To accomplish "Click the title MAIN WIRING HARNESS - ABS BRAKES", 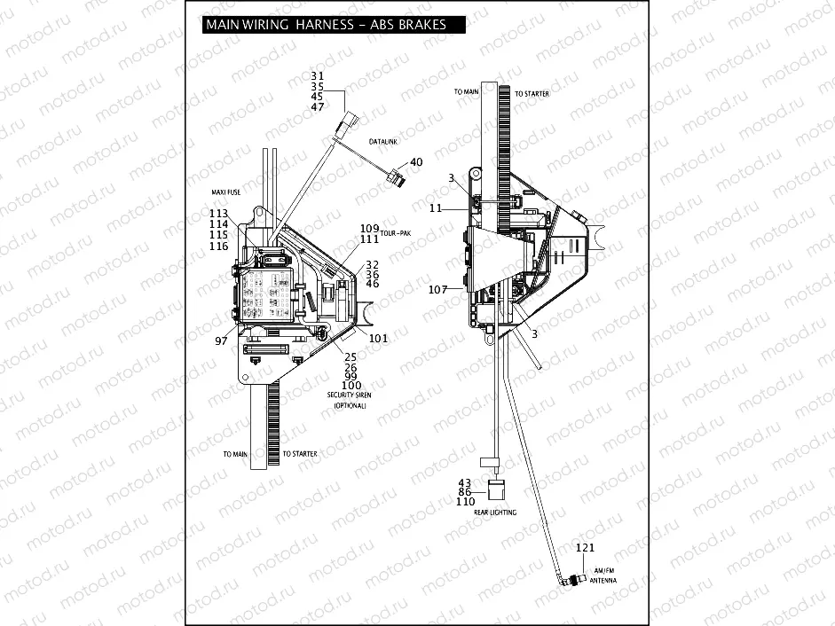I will pos(326,25).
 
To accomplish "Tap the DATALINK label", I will pos(382,141).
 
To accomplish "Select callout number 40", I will pos(416,162).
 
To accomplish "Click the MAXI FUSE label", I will pos(226,192).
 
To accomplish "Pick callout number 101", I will pos(379,338).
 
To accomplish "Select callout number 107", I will pos(438,290).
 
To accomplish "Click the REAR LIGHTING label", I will pos(495,513).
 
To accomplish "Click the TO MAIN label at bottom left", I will pos(235,454).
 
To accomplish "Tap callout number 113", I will pos(218,213).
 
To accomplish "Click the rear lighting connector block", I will pos(497,488).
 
